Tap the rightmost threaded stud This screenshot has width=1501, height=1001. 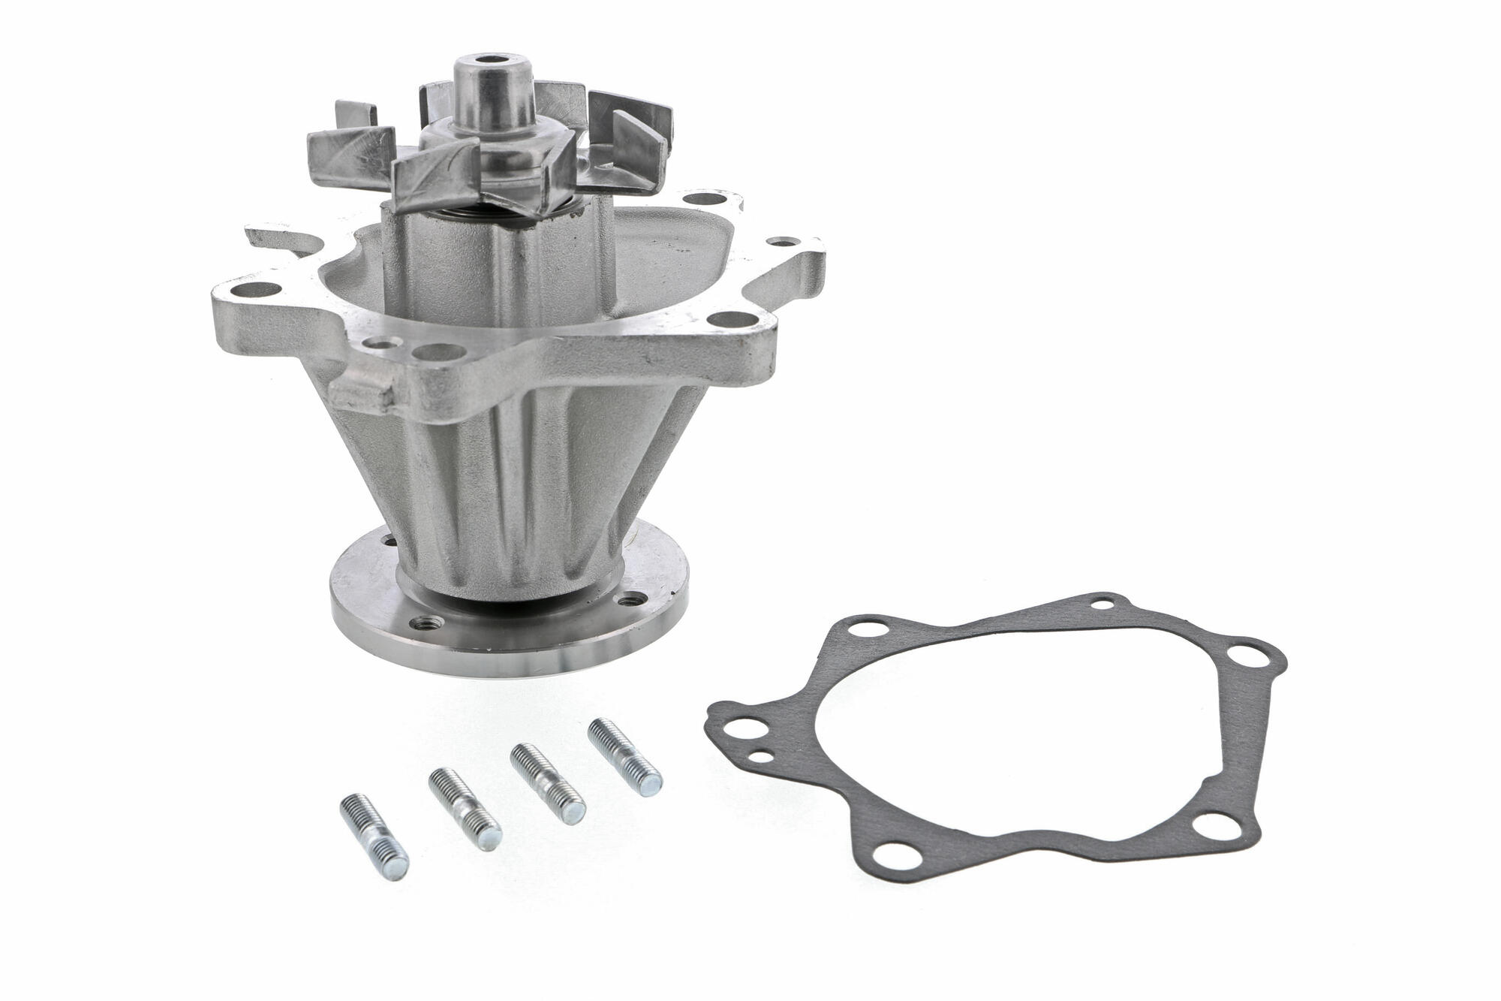point(625,758)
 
